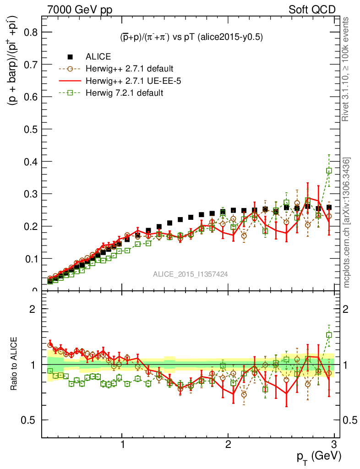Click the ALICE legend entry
click(x=98, y=57)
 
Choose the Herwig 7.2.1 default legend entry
click(x=124, y=93)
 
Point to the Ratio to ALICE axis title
click(x=14, y=364)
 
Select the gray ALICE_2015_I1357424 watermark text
click(x=191, y=274)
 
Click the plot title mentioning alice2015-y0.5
click(x=188, y=38)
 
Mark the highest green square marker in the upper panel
click(x=329, y=170)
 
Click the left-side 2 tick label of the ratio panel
click(x=33, y=309)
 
